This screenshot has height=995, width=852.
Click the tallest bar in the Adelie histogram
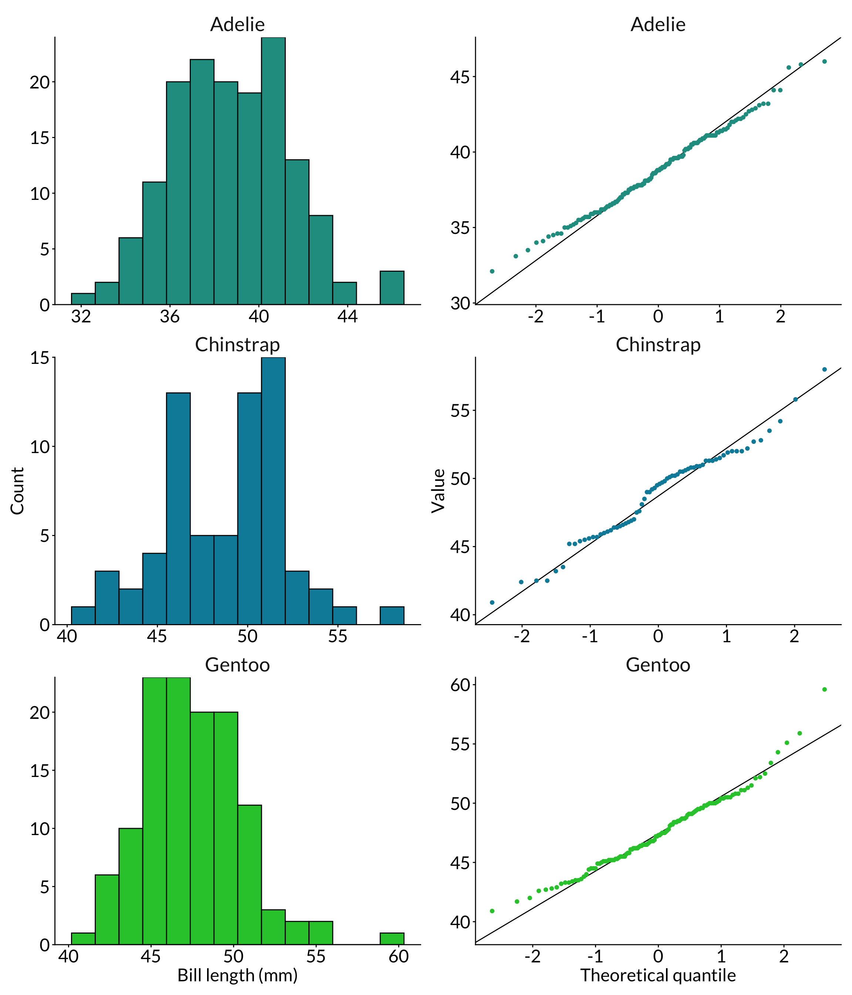click(x=273, y=171)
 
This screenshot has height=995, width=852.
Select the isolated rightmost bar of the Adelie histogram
click(x=392, y=288)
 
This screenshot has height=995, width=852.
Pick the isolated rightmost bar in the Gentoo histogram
click(x=392, y=938)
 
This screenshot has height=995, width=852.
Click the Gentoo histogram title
click(x=237, y=664)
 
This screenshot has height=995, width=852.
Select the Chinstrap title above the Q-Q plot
click(x=658, y=345)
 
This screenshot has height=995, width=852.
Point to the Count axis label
click(x=17, y=490)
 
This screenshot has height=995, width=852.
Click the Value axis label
click(x=438, y=490)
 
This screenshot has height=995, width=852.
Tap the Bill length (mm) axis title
click(x=237, y=975)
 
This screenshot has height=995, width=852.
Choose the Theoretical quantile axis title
click(x=658, y=975)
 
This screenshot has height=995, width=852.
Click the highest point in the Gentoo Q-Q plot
click(x=824, y=690)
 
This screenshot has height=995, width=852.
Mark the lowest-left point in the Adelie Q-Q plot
click(x=492, y=271)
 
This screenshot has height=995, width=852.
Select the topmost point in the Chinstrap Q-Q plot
click(x=824, y=369)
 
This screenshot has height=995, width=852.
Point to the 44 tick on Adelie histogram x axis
click(x=347, y=316)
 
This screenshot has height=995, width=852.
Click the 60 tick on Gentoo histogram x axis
click(x=398, y=956)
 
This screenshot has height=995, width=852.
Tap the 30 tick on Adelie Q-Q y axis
click(x=460, y=304)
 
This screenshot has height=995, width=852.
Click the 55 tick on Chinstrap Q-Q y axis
click(x=460, y=411)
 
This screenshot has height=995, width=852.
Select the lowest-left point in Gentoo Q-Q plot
click(x=492, y=911)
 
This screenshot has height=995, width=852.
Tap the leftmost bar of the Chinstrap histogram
click(x=83, y=615)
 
